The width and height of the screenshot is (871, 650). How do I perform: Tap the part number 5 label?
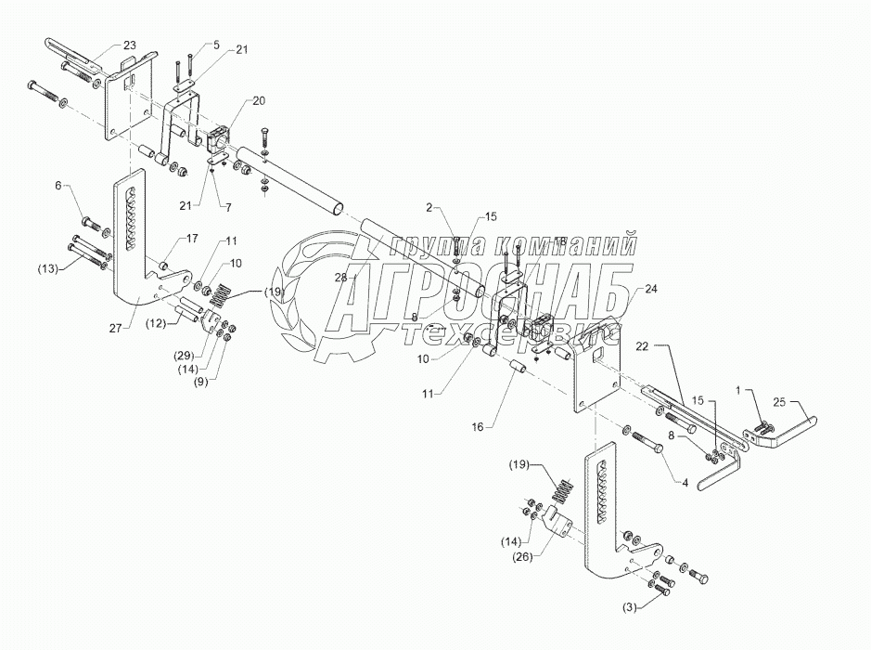click(x=216, y=44)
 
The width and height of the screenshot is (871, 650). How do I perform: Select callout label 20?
click(x=232, y=100)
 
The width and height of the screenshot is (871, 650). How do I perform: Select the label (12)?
click(x=155, y=323)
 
